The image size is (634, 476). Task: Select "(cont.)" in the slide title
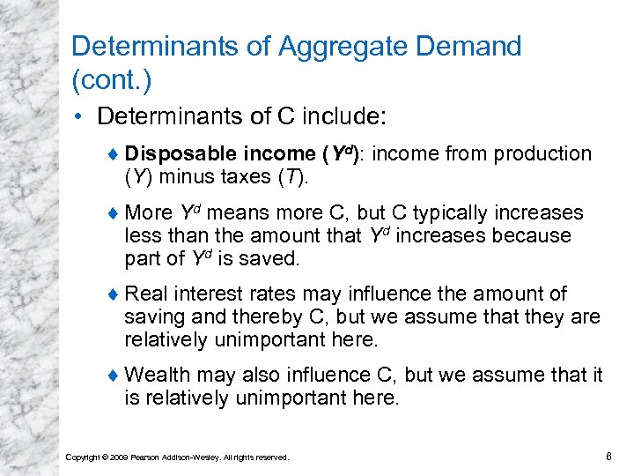coord(112,81)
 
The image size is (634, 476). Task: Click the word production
coord(542,154)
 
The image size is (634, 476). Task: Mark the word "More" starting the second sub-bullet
coord(149,213)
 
